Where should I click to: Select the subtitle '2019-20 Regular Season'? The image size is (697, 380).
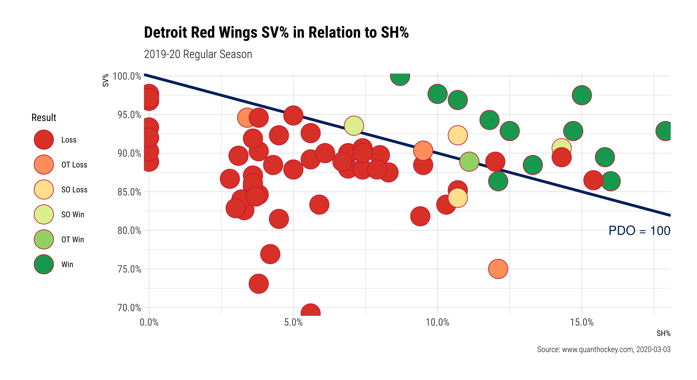[x=198, y=54]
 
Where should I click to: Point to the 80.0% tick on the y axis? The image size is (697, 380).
[x=129, y=231]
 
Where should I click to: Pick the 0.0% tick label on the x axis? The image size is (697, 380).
[x=149, y=322]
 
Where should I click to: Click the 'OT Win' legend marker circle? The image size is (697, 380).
[x=44, y=239]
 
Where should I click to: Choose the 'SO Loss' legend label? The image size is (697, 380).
[x=74, y=190]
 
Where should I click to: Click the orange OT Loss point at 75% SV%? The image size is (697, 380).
[x=498, y=269]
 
